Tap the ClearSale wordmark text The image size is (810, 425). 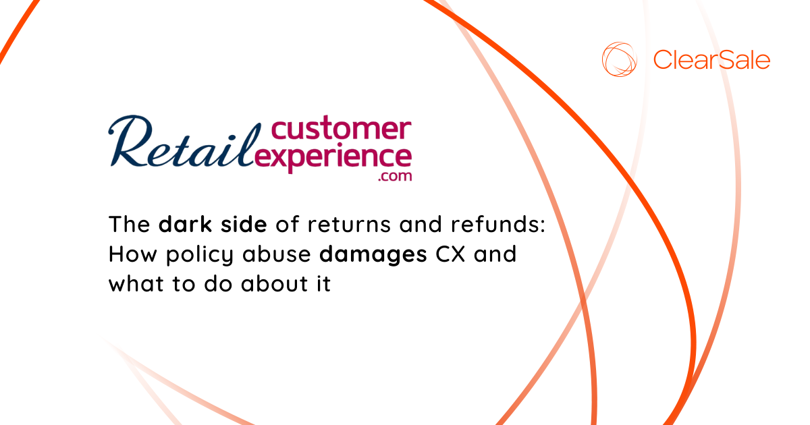tap(711, 60)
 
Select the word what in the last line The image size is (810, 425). tap(134, 284)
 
